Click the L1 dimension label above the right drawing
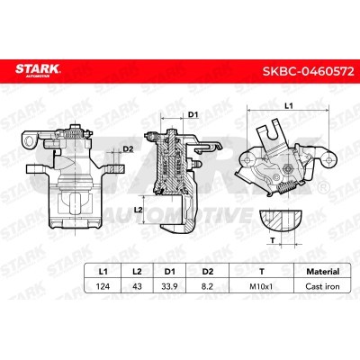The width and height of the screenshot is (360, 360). [286, 106]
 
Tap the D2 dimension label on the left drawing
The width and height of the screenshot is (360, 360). [128, 149]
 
